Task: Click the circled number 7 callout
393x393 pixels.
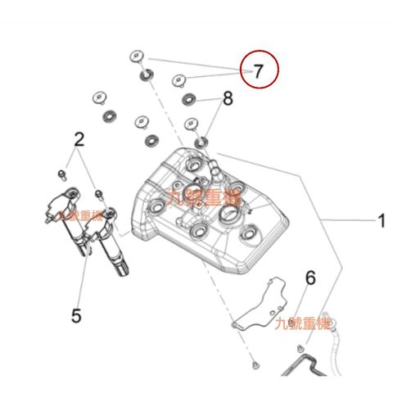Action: [259, 70]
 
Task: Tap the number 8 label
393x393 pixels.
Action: [227, 100]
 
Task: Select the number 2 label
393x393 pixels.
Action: [79, 139]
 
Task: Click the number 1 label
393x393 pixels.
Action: [381, 219]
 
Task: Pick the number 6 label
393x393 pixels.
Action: [309, 278]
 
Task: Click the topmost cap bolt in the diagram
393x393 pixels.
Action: [136, 56]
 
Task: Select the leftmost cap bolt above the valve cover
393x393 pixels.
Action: [99, 95]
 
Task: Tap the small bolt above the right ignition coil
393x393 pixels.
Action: [99, 194]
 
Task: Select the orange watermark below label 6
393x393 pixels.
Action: [303, 323]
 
